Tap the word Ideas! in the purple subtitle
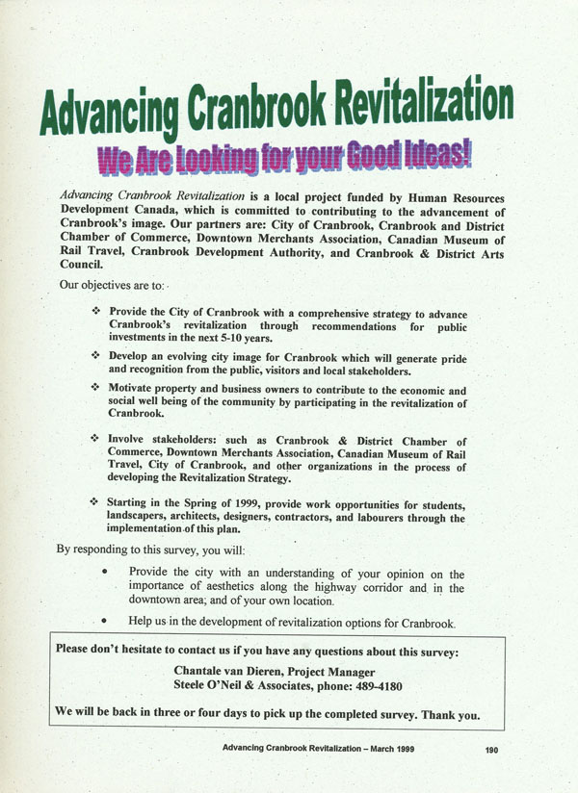click(x=432, y=152)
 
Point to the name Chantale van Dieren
click(x=232, y=670)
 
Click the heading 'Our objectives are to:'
click(x=112, y=285)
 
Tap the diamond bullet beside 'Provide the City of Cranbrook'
click(x=95, y=313)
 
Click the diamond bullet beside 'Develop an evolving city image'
click(x=95, y=356)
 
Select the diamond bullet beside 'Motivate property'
click(x=95, y=388)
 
